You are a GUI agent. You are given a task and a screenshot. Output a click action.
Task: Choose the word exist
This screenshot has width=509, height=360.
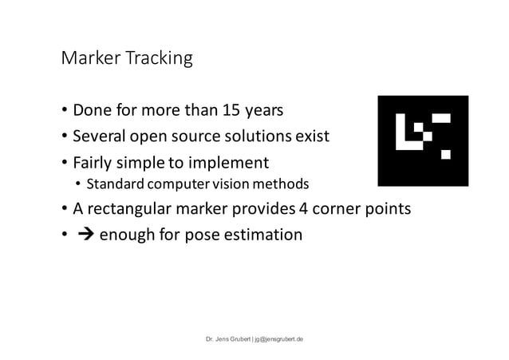(311, 136)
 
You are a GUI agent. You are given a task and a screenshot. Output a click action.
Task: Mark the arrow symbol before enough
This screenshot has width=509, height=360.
(81, 235)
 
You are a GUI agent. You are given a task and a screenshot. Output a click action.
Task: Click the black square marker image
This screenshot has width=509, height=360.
(423, 140)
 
